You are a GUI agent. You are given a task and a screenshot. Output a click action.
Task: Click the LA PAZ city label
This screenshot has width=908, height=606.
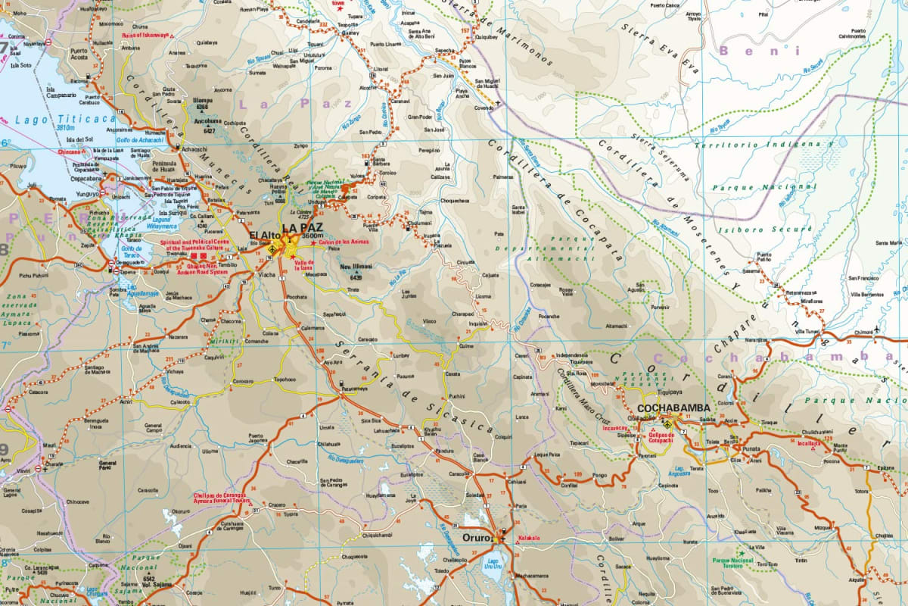pos(303,227)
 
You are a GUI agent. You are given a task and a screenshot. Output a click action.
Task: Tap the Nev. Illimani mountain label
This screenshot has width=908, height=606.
pos(357,267)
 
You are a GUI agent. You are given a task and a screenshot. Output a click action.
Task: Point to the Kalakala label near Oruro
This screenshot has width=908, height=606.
pos(528,539)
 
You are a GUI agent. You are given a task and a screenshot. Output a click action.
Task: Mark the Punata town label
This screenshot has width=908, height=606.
pos(751,449)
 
